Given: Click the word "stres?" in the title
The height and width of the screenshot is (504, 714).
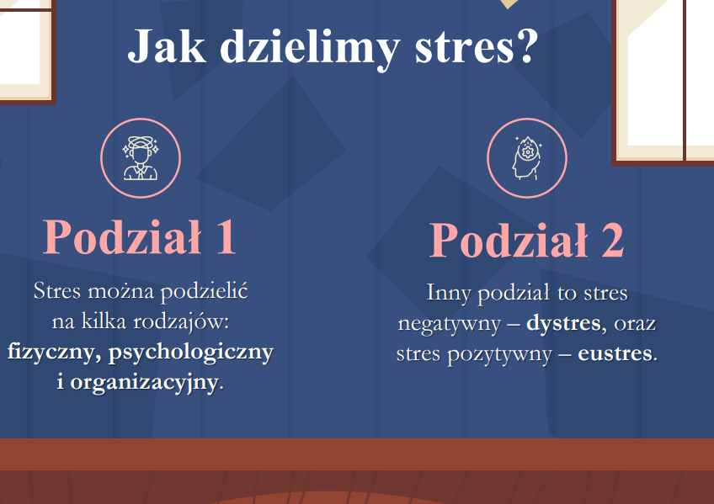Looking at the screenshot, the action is (477, 46).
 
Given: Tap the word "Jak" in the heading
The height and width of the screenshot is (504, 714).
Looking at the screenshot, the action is (166, 46).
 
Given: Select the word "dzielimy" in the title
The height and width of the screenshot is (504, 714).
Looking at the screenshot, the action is (310, 49).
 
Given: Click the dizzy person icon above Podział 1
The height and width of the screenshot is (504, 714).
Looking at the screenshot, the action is (141, 158).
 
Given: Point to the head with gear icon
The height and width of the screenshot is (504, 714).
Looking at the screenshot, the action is (527, 158).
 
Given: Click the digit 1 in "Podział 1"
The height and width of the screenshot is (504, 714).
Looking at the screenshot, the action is (226, 237).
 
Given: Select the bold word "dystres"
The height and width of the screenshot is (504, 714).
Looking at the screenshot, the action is (563, 323).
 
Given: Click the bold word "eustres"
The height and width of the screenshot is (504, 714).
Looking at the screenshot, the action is (615, 353).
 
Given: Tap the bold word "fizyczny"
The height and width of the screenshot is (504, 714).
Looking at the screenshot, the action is (51, 352).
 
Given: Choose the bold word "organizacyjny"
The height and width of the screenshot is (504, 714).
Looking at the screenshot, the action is (143, 383).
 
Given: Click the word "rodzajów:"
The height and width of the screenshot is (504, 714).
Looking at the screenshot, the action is (181, 322).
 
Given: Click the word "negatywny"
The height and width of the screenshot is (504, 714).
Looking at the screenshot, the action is (449, 325).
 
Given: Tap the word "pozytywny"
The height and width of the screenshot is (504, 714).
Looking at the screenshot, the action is (499, 355).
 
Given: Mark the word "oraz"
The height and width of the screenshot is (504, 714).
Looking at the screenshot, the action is (635, 324).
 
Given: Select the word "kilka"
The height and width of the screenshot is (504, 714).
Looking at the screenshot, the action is (104, 321).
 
